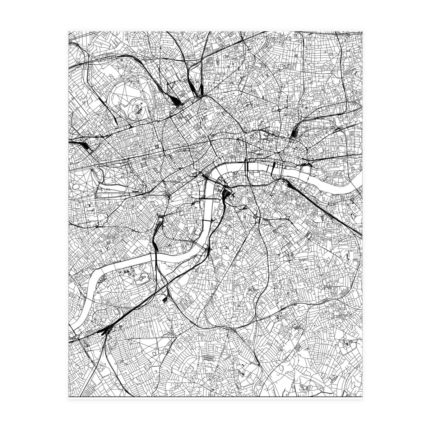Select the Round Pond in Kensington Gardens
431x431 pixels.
tap(77, 187)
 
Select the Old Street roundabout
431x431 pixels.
tap(279, 110)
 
